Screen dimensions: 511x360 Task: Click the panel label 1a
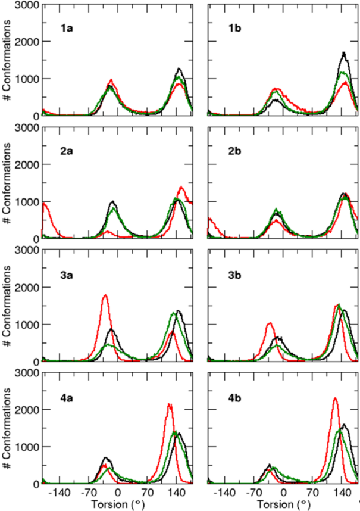coord(67,27)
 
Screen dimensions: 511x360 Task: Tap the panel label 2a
coord(67,151)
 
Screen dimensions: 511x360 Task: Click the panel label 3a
coord(67,273)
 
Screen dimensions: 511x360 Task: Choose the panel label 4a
coord(67,396)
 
